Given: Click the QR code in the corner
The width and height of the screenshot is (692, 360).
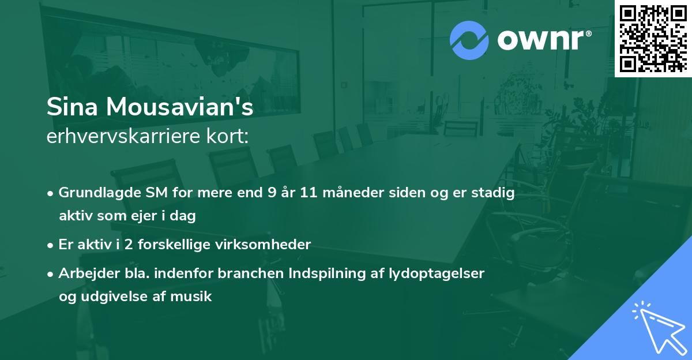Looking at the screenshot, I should pos(653,39).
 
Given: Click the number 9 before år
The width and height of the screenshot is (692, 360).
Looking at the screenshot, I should pos(271,193).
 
